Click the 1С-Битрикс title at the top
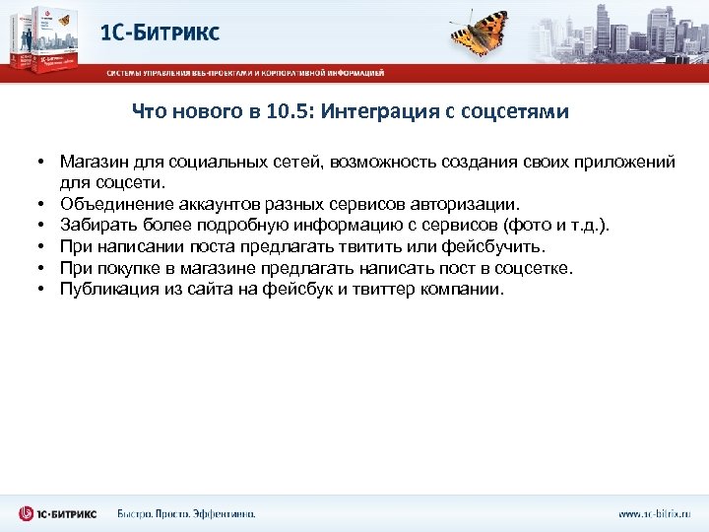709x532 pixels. (161, 33)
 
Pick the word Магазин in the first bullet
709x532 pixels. (92, 160)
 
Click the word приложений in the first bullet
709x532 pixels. (625, 160)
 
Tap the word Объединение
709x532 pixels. (117, 203)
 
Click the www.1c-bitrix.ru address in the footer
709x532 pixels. (653, 514)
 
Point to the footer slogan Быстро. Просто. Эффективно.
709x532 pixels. (186, 514)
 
